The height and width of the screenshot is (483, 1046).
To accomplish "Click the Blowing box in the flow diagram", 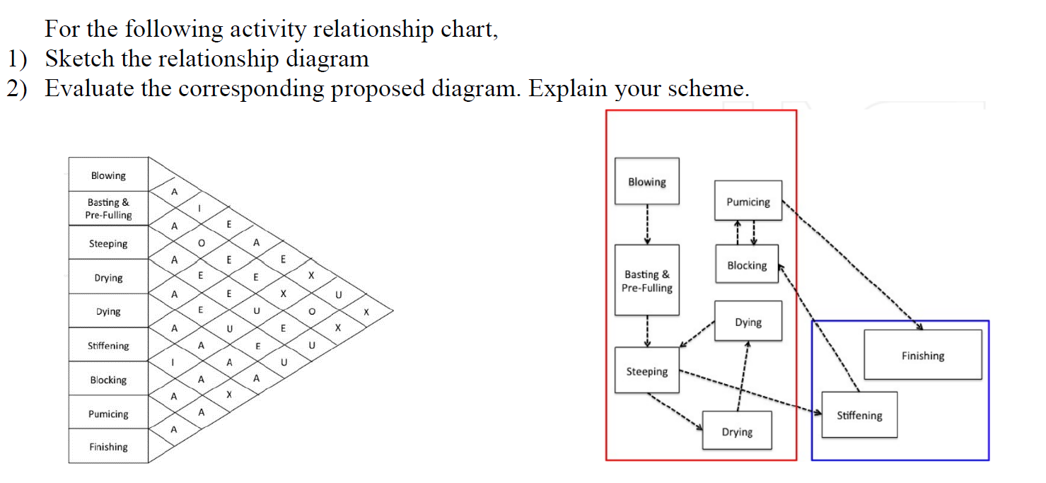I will pos(646,182).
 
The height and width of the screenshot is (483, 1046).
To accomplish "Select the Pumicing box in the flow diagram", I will pos(748,202).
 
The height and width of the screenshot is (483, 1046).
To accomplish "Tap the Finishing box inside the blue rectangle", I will pos(922,355).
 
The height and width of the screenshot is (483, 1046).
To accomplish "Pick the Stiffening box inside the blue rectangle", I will pos(859,415).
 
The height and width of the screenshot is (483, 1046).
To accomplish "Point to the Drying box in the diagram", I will pos(737,431).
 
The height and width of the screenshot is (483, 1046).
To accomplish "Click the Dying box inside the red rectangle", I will pos(748,322).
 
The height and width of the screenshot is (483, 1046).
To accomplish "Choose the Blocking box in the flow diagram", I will pos(747,264).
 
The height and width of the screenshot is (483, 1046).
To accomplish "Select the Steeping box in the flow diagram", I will pos(646,371).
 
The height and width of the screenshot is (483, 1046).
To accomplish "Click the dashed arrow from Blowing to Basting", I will pos(647,224).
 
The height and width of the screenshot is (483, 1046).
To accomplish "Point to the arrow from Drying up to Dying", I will pos(743,375).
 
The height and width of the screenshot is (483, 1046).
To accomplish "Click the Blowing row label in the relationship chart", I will pos(108,175).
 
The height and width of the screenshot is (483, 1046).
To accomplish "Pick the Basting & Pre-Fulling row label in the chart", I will pos(108,209).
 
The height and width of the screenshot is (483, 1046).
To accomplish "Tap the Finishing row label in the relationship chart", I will pos(108,446).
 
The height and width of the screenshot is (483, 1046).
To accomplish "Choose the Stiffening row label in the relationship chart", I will pos(108,345).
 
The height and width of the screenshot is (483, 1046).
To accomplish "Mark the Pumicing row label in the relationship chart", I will pos(108,414).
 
